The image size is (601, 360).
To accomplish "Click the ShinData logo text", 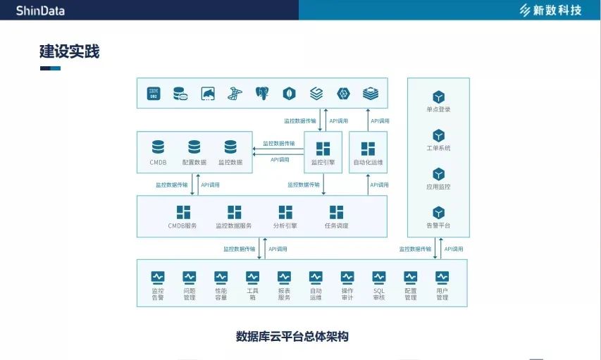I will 41,9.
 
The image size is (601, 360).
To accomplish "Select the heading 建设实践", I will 69,51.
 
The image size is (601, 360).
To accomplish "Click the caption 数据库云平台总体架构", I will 292,337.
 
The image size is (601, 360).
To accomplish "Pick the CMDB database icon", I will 158,147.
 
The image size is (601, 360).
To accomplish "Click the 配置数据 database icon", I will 194,147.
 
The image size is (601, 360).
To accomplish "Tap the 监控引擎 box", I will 323,152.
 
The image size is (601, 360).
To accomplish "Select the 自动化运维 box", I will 368,152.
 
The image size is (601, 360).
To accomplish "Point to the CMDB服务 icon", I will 182,212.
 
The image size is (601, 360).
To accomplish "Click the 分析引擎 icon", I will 285,212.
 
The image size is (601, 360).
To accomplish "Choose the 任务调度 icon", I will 337,212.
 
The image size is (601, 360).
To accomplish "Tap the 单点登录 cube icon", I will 438,97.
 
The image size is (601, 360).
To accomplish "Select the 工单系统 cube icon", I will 438,135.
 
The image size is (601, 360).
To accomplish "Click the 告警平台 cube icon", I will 438,212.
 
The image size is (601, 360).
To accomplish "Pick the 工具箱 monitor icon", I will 253,277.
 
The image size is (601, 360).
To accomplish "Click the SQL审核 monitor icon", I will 379,277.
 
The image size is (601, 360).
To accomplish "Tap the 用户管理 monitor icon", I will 442,277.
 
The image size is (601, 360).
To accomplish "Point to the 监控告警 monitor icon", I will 158,277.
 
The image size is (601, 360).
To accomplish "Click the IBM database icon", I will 154,93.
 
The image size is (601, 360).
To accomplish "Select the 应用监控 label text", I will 438,187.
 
